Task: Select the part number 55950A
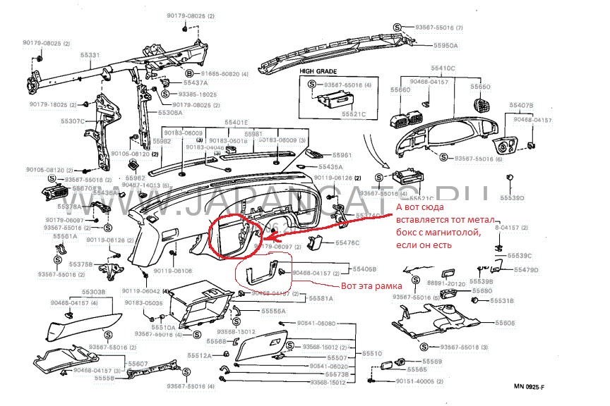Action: coord(446,45)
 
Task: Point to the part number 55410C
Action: coord(443,68)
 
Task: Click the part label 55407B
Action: coord(521,105)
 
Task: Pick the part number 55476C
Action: coord(347,242)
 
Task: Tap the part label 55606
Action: coord(505,323)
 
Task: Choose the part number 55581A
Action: coord(321,298)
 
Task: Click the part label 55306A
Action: coord(170,113)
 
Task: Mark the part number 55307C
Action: coord(73,121)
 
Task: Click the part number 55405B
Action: coord(365,269)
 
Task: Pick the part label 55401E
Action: coord(236,122)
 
